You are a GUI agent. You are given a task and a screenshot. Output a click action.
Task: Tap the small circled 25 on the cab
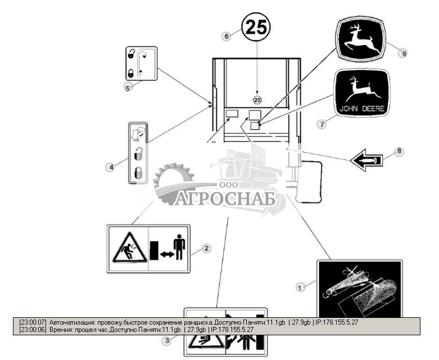click(257, 99)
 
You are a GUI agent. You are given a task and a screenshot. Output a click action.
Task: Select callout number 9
click(402, 53)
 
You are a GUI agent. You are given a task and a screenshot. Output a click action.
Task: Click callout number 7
click(321, 124)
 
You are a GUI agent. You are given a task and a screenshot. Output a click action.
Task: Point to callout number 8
click(399, 151)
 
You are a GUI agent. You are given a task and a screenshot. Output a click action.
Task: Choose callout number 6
click(227, 36)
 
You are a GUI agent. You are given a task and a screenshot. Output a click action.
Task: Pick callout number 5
click(127, 87)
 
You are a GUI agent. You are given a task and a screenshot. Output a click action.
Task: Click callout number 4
click(110, 167)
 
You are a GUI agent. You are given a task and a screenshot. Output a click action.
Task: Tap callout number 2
click(206, 247)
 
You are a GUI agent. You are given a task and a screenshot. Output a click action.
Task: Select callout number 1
click(300, 287)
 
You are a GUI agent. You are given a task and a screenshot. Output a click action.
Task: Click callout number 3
click(166, 340)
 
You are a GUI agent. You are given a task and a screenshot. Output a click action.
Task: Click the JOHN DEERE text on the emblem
click(361, 107)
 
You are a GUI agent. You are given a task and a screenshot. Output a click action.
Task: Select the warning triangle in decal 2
click(129, 249)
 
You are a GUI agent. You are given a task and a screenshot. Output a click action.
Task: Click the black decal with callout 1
click(359, 289)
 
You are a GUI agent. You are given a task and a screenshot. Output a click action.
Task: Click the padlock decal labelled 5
click(140, 63)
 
